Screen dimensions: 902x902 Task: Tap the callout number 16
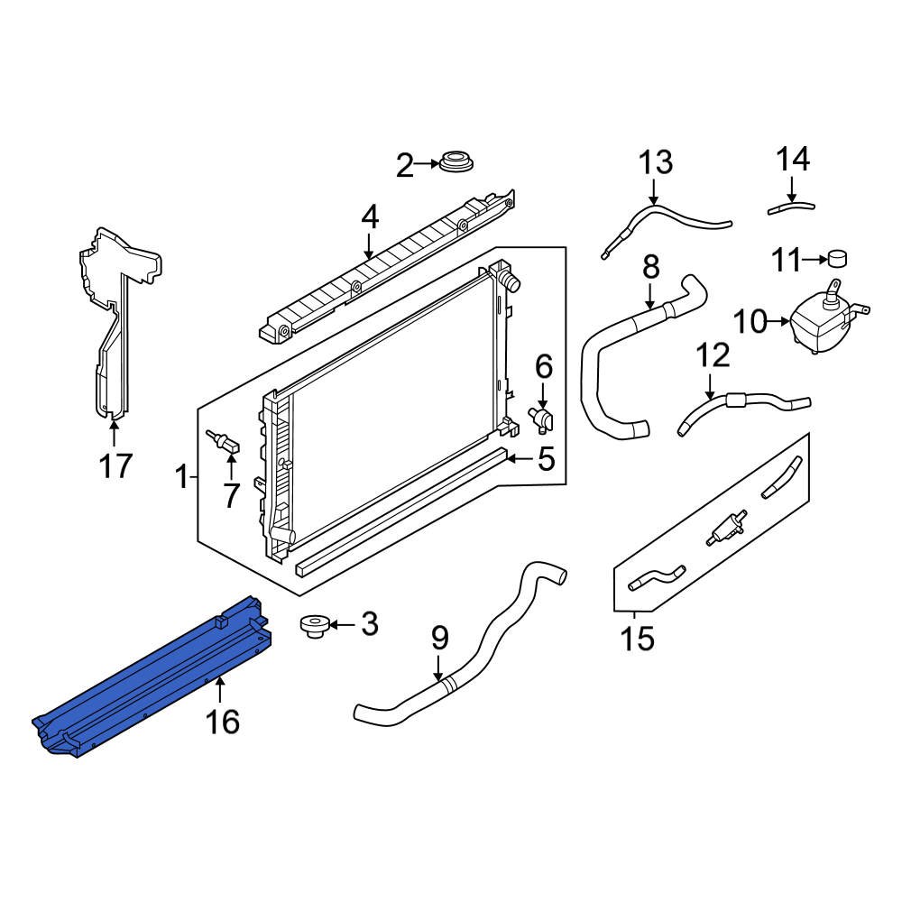(222, 722)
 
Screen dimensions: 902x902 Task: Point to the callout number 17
(115, 466)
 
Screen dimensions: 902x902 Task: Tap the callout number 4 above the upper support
(370, 217)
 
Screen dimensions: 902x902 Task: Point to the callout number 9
(439, 640)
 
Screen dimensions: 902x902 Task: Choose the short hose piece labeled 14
(791, 207)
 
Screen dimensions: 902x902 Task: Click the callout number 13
(656, 163)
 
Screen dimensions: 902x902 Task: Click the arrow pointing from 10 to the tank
(778, 319)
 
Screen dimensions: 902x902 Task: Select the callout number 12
(713, 356)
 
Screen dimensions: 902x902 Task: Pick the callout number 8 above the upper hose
(650, 267)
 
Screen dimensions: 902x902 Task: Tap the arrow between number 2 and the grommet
(427, 165)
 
